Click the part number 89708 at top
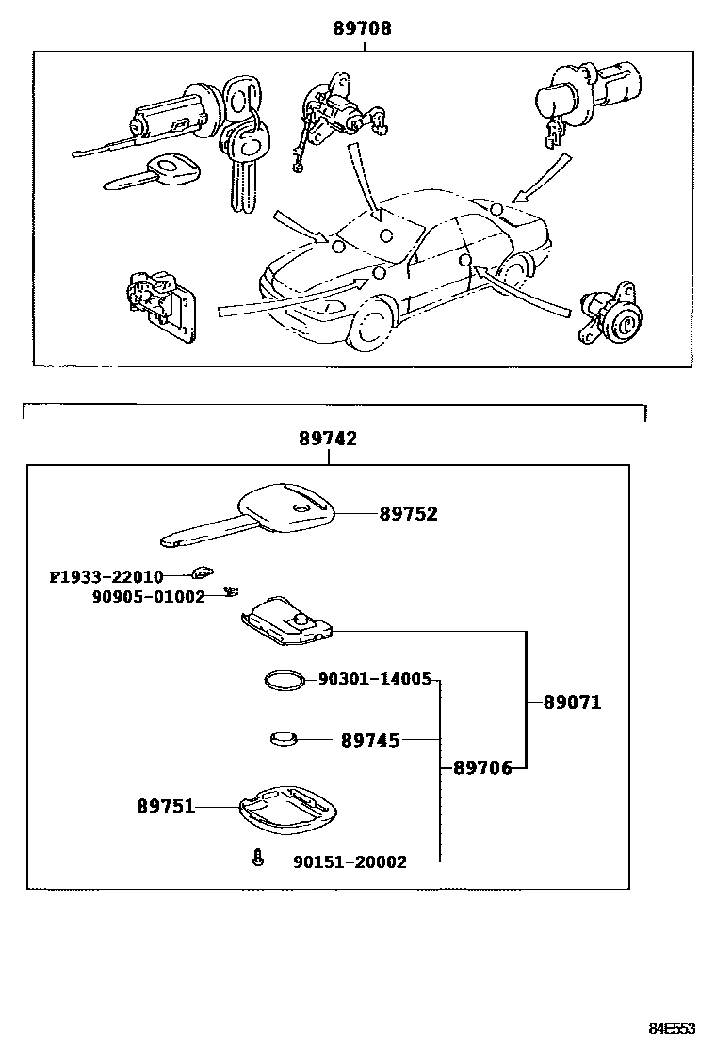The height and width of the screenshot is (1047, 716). point(363,29)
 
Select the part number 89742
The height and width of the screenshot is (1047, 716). point(328,439)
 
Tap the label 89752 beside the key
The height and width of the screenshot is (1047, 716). point(409,514)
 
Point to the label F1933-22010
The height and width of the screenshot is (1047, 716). point(106,576)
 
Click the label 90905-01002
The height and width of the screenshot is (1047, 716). point(148,597)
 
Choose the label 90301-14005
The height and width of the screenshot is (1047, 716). point(374,679)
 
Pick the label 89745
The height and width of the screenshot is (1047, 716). point(370,741)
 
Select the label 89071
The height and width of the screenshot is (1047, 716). point(572,702)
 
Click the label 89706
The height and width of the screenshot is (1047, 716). point(482,768)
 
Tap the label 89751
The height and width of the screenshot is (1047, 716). point(166,806)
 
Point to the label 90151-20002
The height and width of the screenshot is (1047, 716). point(350,862)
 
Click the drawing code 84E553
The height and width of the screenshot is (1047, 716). point(671,1027)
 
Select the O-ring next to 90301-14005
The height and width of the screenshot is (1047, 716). point(283,681)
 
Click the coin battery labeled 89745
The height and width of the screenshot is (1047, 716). point(284,740)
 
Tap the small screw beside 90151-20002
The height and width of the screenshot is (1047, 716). point(257,858)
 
